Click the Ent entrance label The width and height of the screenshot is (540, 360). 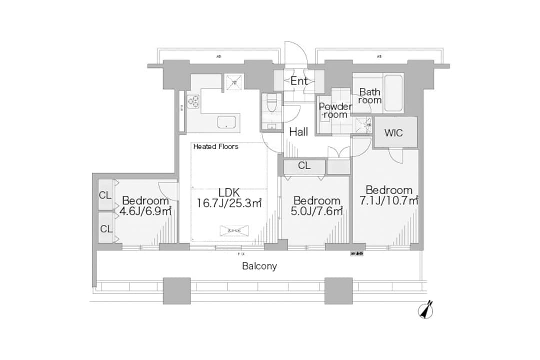299,81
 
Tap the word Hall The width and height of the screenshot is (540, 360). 299,131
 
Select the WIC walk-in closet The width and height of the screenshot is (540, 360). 394,133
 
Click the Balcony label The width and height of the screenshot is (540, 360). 259,266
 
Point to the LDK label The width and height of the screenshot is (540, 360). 229,192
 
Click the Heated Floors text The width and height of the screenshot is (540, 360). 216,147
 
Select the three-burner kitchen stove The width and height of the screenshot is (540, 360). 193,101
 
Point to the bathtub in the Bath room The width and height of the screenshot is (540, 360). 394,93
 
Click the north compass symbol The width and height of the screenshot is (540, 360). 425,310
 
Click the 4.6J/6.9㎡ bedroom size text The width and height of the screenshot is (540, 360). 145,211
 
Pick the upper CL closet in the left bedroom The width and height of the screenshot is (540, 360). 105,195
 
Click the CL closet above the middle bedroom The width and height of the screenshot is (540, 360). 304,166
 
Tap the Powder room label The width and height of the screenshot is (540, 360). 335,110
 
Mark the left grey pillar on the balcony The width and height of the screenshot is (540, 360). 176,291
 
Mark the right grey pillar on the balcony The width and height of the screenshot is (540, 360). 338,291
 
